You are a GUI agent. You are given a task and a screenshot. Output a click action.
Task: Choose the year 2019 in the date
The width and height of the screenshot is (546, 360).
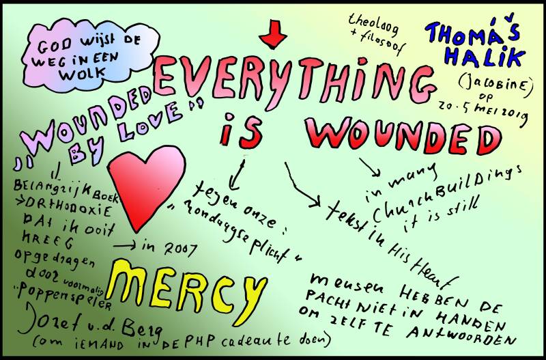click(x=512, y=117)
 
